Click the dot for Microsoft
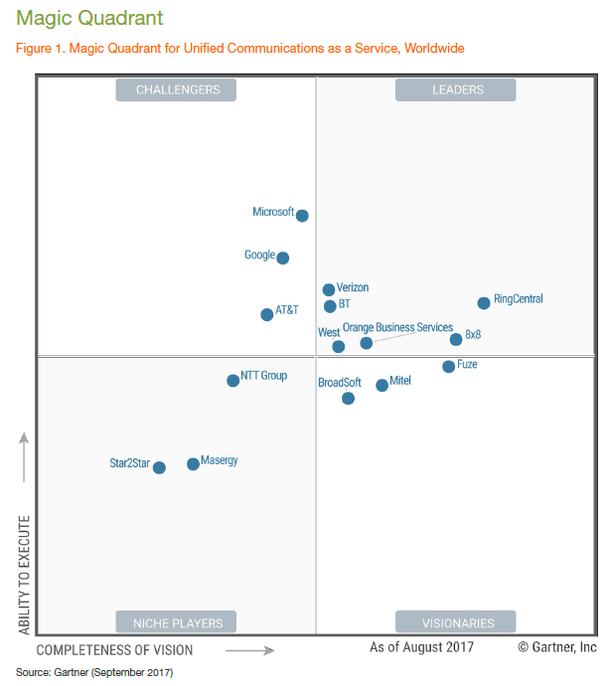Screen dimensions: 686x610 pyautogui.click(x=302, y=216)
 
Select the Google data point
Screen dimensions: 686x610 pyautogui.click(x=283, y=258)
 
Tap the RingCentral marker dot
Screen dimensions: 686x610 pyautogui.click(x=484, y=303)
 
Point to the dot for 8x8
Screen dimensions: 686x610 pyautogui.click(x=456, y=339)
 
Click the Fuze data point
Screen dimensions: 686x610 pyautogui.click(x=448, y=367)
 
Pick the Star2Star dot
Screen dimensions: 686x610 pyautogui.click(x=159, y=467)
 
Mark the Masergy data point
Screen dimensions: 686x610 pyautogui.click(x=193, y=464)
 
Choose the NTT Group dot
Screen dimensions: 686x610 pyautogui.click(x=232, y=380)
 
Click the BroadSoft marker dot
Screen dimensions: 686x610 pyautogui.click(x=348, y=399)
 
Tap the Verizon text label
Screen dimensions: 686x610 pyautogui.click(x=353, y=288)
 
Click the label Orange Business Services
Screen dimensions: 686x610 pyautogui.click(x=397, y=328)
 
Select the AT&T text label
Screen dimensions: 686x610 pyautogui.click(x=287, y=310)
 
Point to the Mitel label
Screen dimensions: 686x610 pyautogui.click(x=400, y=381)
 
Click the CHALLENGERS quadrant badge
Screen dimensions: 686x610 pyautogui.click(x=176, y=89)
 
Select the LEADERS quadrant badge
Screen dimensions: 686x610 pyautogui.click(x=456, y=89)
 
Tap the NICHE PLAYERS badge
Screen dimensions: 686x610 pyautogui.click(x=176, y=623)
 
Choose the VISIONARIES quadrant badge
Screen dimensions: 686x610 pyautogui.click(x=456, y=623)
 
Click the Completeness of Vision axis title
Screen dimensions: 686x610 pyautogui.click(x=114, y=650)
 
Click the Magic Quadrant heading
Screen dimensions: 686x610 pyautogui.click(x=89, y=19)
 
